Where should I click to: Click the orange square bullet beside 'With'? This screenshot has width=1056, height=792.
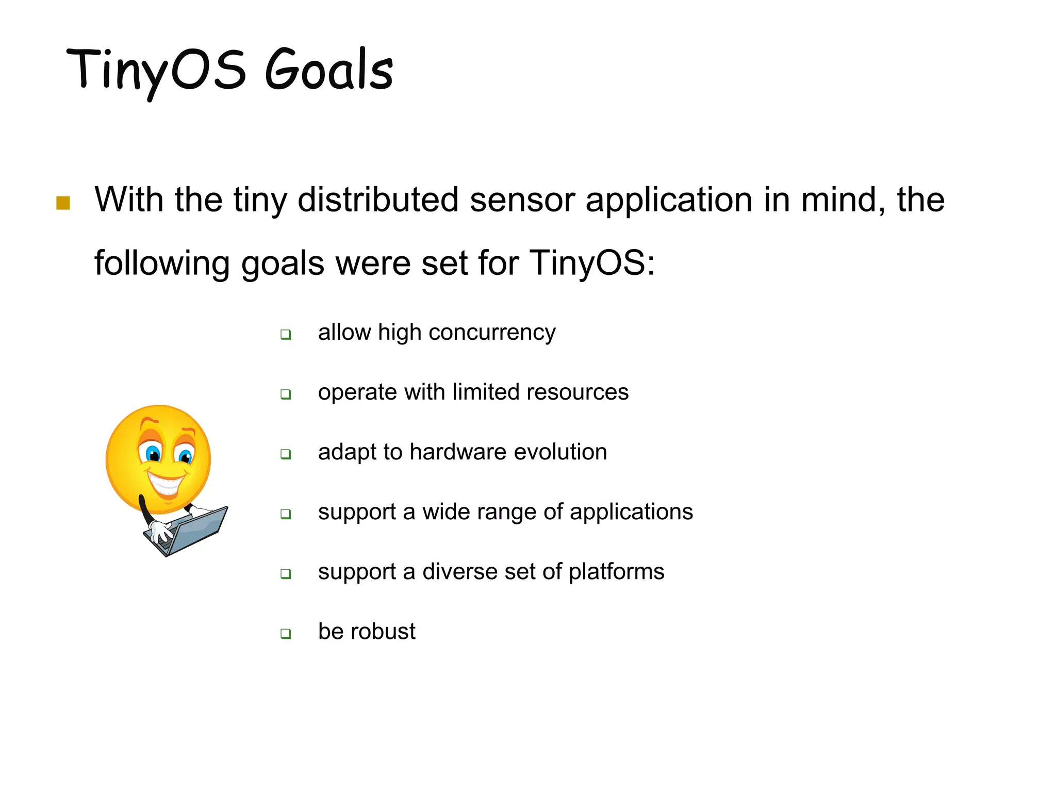63,203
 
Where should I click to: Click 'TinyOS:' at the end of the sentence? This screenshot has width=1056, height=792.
592,263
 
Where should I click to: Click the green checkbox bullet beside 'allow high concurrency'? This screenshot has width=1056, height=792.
286,335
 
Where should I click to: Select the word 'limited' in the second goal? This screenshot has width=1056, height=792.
486,392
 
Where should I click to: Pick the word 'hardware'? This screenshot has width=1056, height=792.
458,452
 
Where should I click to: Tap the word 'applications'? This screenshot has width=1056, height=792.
631,512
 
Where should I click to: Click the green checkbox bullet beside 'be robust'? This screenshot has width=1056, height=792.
286,634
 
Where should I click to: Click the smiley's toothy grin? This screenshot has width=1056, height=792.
166,485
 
